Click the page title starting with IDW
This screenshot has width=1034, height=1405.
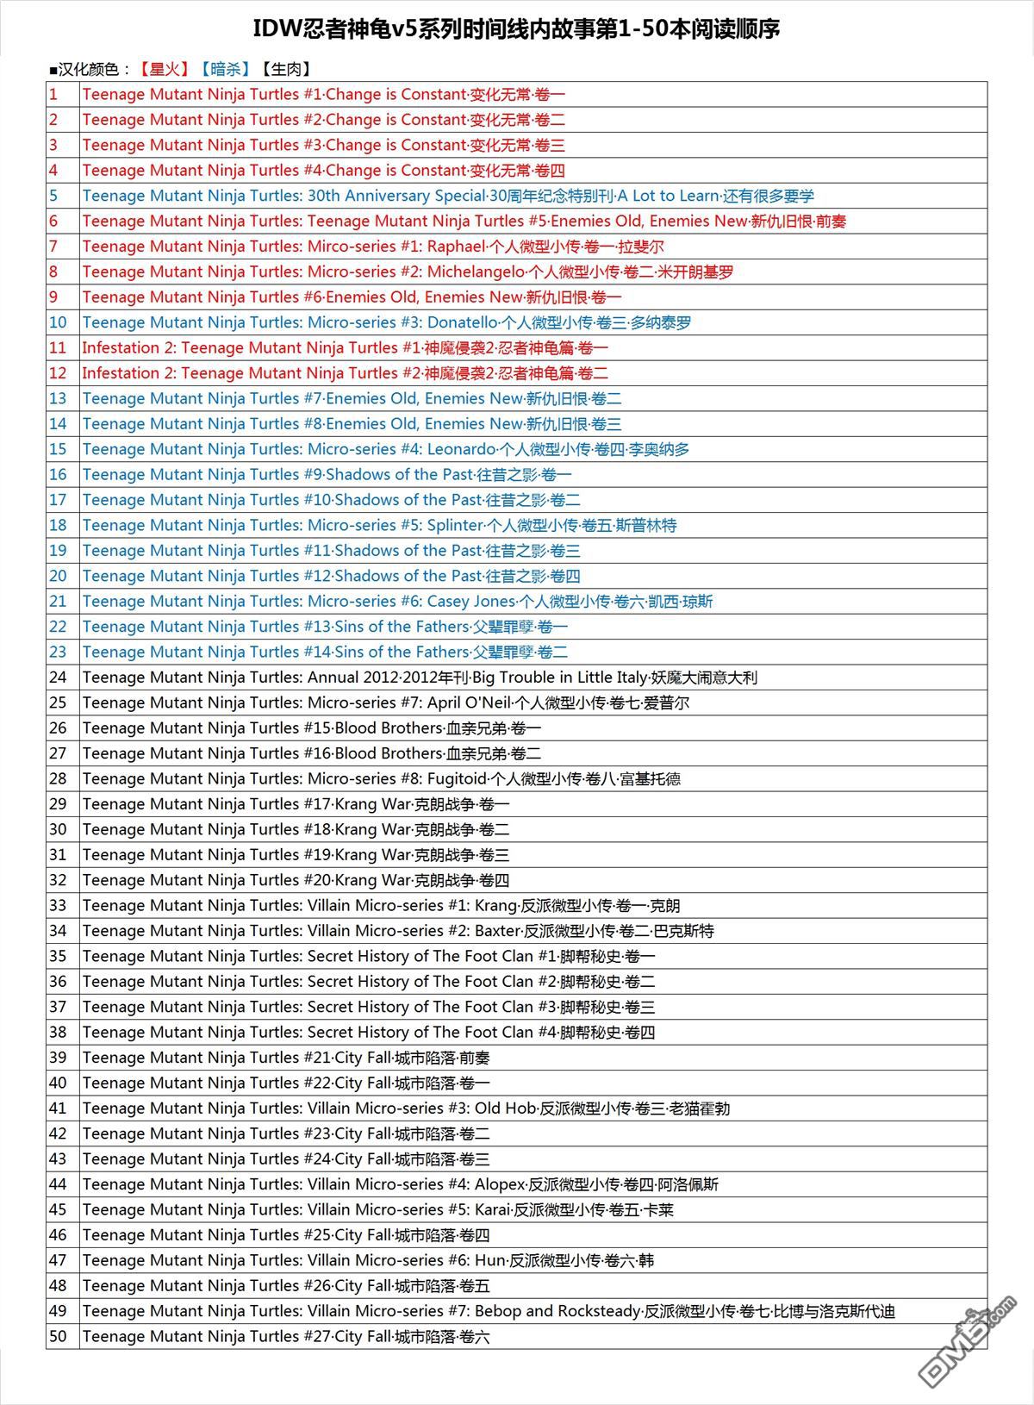tap(516, 29)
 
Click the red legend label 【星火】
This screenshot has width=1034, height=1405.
tap(164, 70)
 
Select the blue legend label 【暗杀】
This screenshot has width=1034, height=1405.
tap(224, 70)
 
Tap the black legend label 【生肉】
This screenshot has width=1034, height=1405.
tap(285, 70)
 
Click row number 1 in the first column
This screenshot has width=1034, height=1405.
tap(53, 95)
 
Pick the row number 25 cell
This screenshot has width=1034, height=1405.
tap(58, 702)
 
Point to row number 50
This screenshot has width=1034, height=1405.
tap(58, 1336)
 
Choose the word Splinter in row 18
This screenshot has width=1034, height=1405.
tap(454, 525)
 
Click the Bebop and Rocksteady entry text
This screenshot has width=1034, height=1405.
tap(557, 1311)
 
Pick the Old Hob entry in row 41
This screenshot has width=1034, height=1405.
tap(505, 1108)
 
